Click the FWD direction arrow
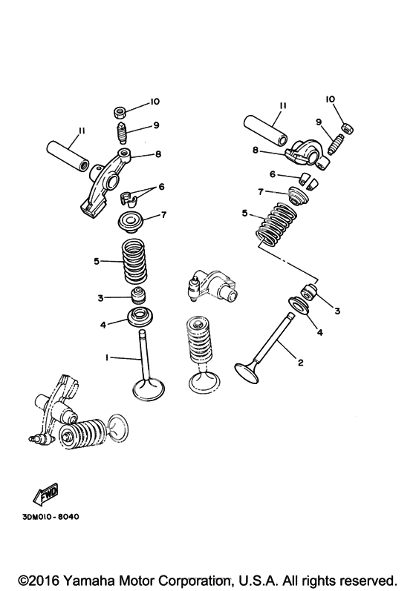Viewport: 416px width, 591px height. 45,493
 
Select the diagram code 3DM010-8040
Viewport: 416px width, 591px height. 51,517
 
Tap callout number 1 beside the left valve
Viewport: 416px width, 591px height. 107,357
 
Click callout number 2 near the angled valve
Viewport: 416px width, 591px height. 301,363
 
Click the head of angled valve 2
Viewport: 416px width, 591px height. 247,372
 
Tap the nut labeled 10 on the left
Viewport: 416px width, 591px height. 120,112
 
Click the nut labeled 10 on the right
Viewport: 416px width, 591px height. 348,128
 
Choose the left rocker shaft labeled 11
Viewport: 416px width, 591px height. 68,156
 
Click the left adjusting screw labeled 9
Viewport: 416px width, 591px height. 120,133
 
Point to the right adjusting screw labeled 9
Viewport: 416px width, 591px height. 335,145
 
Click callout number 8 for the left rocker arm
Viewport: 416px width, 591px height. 157,153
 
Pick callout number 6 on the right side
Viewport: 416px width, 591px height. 273,174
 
